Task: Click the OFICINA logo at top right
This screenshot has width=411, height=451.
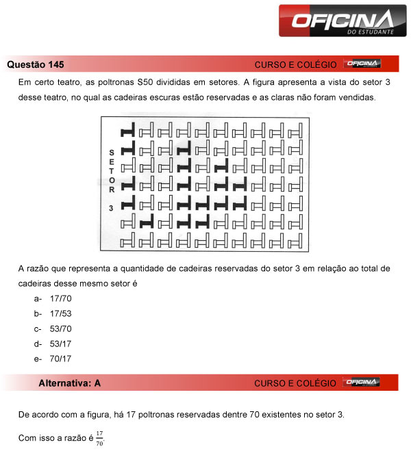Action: pyautogui.click(x=337, y=21)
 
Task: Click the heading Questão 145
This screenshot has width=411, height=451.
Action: pyautogui.click(x=36, y=64)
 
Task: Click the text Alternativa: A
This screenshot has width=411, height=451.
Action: pyautogui.click(x=70, y=383)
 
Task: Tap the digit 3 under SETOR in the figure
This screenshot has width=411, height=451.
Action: pyautogui.click(x=111, y=206)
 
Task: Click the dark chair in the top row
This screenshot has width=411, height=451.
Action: pyautogui.click(x=127, y=131)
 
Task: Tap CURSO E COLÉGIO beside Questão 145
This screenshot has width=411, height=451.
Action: pyautogui.click(x=295, y=65)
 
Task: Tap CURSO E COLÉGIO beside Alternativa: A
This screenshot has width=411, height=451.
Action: pyautogui.click(x=295, y=384)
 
